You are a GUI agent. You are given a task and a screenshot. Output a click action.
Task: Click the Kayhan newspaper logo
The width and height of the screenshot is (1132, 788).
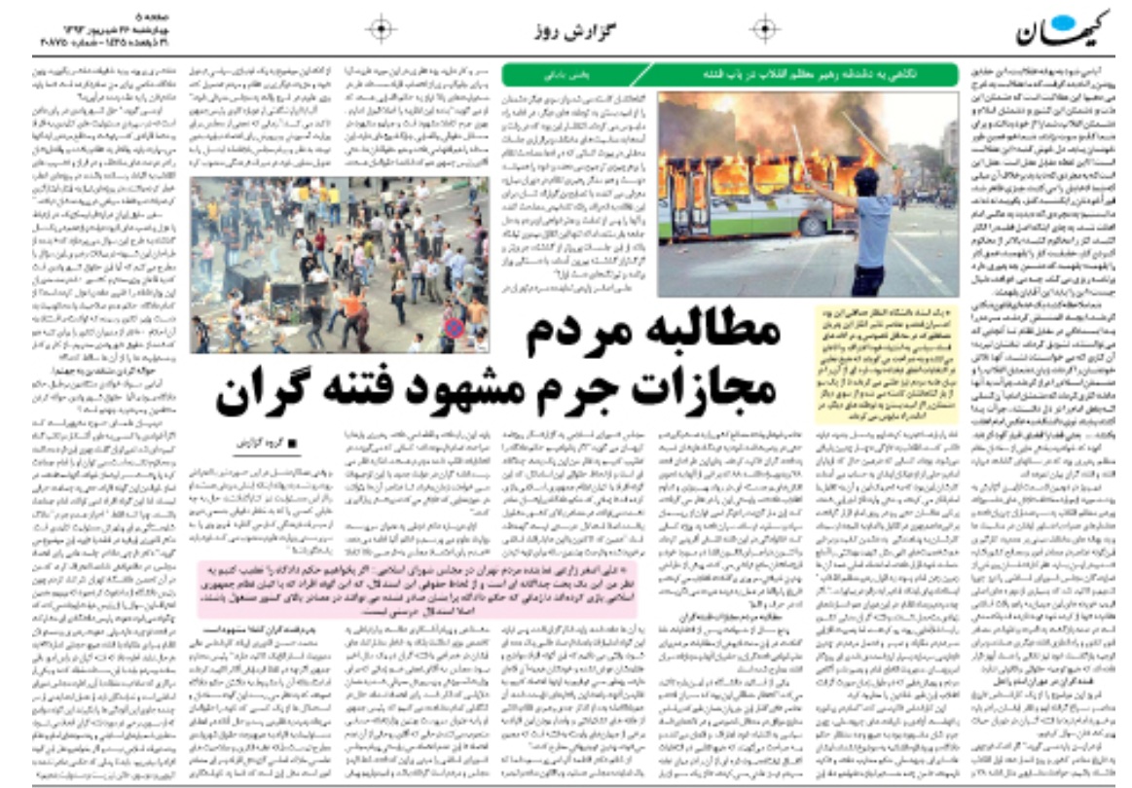click(x=1062, y=32)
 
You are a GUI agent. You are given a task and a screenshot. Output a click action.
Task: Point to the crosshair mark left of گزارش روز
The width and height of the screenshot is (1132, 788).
click(x=381, y=30)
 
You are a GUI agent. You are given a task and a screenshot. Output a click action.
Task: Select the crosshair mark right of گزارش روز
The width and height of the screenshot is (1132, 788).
click(x=766, y=30)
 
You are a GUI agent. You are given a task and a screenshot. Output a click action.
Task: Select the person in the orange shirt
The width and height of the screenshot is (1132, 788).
click(x=350, y=306)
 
